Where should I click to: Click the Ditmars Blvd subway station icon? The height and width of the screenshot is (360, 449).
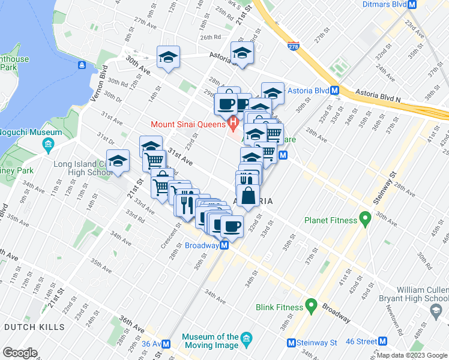click(412, 4)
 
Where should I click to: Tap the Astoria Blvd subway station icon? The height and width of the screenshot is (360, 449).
click(335, 91)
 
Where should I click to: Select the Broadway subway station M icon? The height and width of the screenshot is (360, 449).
click(224, 245)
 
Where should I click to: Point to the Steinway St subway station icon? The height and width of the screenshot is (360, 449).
click(291, 343)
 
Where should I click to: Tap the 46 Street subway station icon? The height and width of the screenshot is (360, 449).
click(382, 342)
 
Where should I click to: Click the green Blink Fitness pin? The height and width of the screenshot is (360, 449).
click(311, 307)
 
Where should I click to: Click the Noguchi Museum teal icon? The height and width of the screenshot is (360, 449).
click(48, 145)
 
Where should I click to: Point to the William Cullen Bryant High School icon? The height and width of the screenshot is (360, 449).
click(436, 309)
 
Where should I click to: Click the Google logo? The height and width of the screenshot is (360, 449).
click(20, 353)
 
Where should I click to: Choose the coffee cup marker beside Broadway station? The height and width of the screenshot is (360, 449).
click(231, 226)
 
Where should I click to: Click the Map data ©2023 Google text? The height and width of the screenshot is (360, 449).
click(411, 355)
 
